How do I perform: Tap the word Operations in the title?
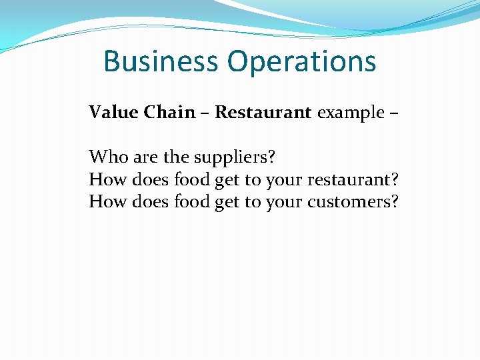point(301,63)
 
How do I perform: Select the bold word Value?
point(109,112)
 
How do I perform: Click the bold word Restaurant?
point(263,112)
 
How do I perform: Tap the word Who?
point(109,157)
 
